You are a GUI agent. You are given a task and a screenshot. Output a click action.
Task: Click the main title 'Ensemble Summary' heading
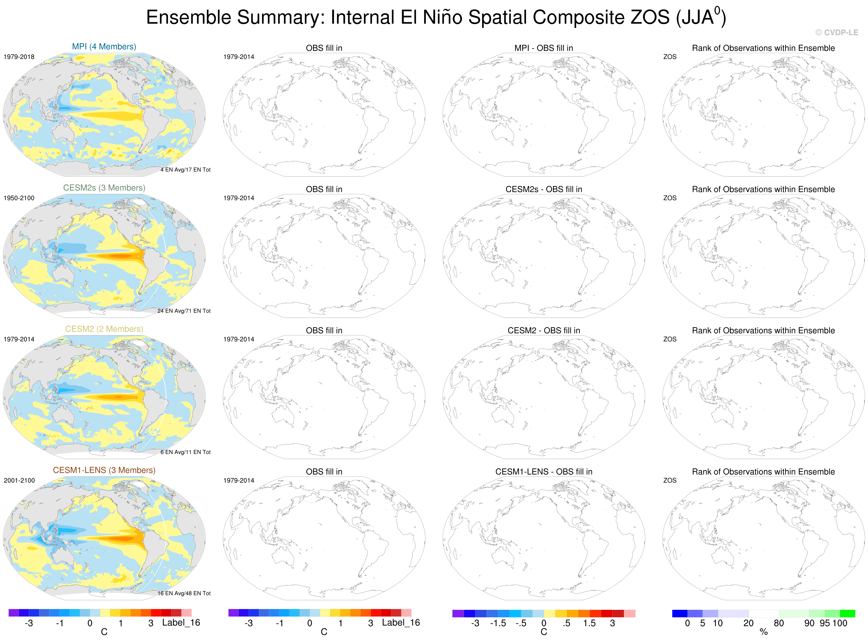click(436, 17)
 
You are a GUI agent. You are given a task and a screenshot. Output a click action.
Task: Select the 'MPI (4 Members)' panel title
click(104, 46)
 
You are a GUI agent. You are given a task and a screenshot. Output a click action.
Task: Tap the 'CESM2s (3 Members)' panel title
click(104, 188)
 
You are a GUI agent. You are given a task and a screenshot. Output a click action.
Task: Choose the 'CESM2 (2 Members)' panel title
click(104, 329)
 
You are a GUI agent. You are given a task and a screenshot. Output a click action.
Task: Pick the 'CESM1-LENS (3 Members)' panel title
click(104, 470)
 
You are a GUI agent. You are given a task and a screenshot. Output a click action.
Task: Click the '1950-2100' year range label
click(19, 198)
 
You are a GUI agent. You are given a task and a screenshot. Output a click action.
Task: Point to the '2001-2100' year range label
click(19, 480)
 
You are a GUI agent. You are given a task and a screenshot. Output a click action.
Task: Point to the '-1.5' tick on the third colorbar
click(498, 623)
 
